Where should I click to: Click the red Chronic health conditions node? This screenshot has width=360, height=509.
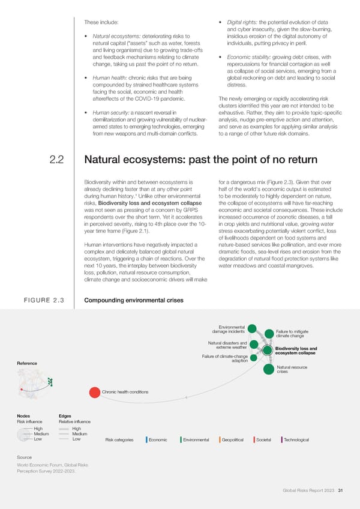coord(95,393)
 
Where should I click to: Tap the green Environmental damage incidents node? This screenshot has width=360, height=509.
coord(252,328)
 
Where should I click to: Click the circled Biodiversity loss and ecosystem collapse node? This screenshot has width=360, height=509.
coord(268,349)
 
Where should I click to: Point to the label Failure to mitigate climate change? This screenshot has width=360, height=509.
coord(293,333)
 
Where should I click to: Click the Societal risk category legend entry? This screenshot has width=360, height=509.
coord(263,440)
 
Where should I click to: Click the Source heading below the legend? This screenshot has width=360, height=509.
coord(25,457)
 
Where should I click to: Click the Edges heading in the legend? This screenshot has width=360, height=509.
coord(66,416)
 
